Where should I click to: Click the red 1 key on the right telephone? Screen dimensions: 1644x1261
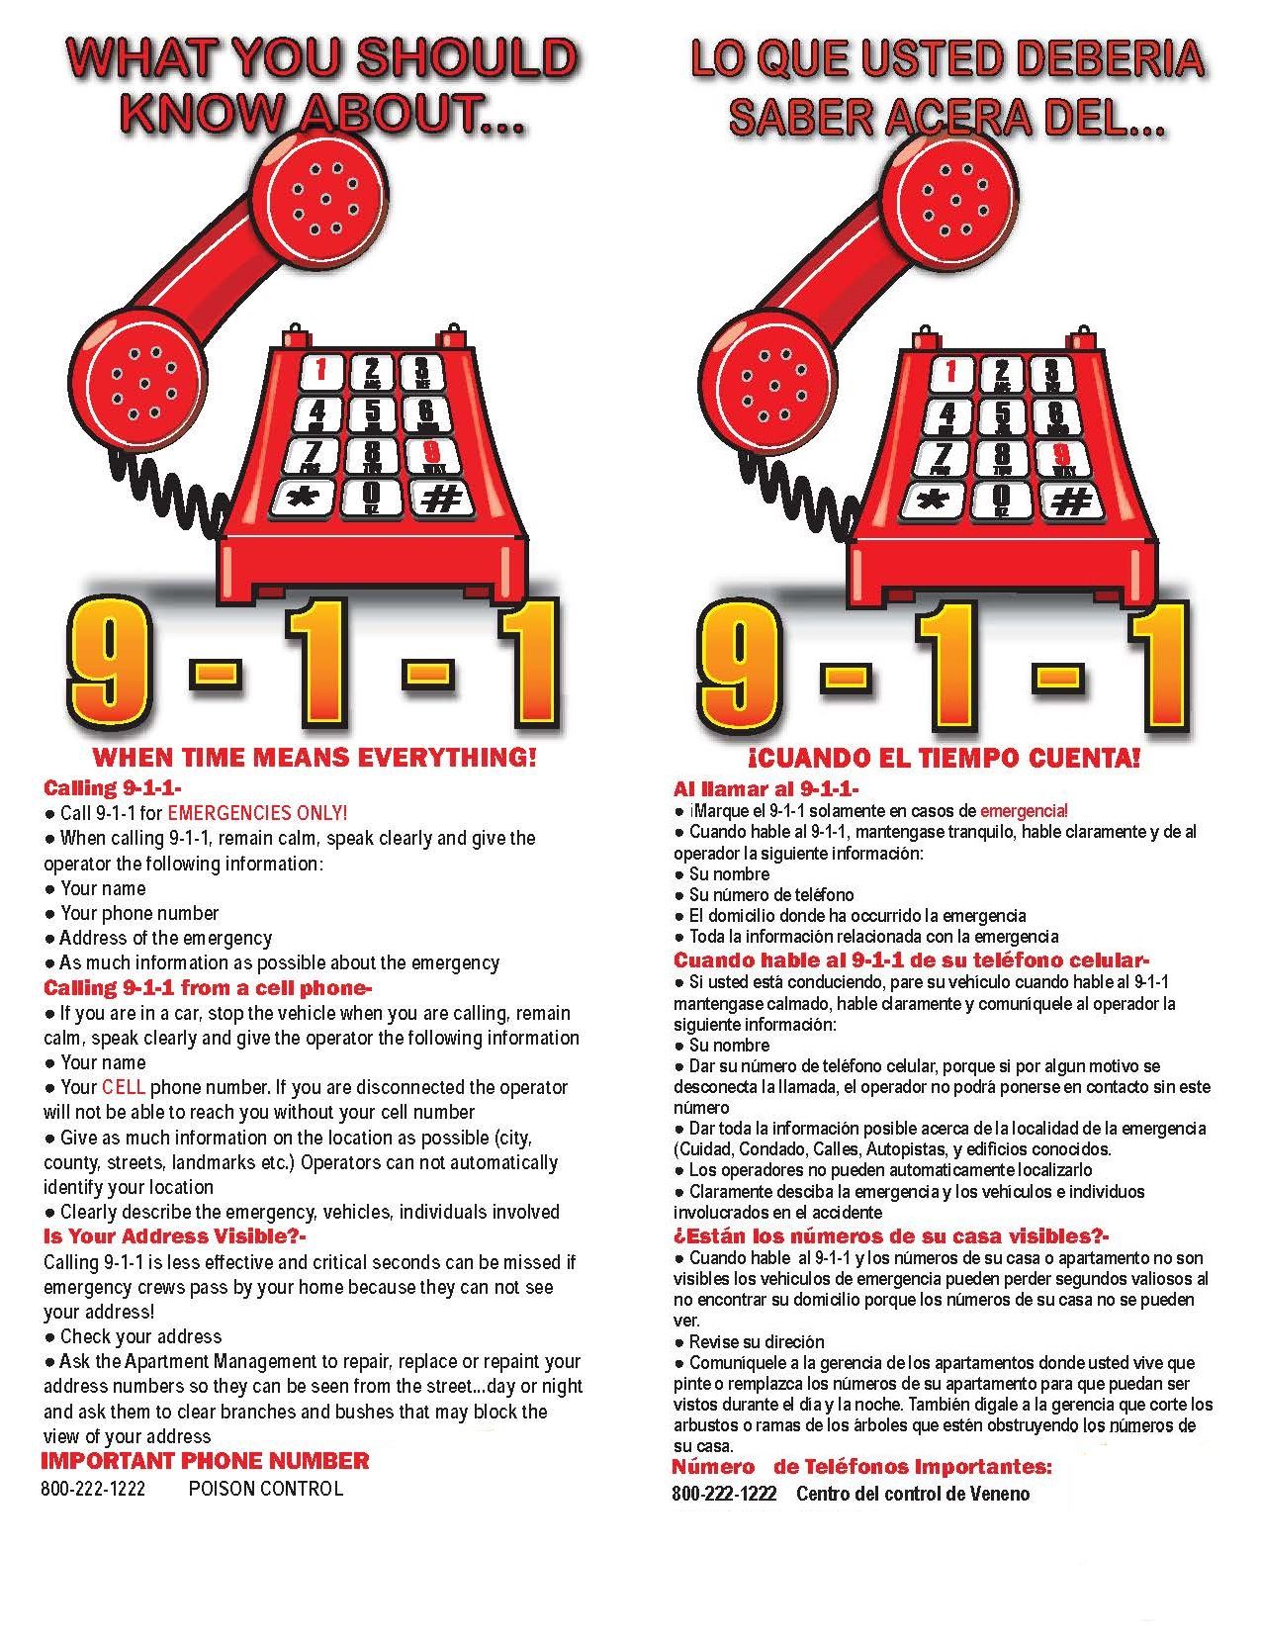[951, 373]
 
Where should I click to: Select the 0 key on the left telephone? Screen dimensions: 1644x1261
[372, 498]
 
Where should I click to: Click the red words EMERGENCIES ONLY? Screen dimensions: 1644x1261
[257, 813]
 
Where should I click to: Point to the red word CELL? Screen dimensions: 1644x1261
[124, 1087]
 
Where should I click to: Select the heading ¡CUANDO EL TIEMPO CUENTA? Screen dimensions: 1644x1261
[944, 759]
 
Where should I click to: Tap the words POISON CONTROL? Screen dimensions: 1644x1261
[265, 1489]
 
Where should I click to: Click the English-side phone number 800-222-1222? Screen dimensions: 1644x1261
[93, 1489]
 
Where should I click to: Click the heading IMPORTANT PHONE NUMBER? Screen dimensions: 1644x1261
[205, 1461]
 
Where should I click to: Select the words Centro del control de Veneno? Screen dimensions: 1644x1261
[912, 1494]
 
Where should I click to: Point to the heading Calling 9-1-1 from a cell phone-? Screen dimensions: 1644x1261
[209, 987]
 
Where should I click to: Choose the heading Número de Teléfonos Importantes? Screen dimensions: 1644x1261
[861, 1466]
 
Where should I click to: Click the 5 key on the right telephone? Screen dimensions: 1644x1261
[1003, 414]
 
